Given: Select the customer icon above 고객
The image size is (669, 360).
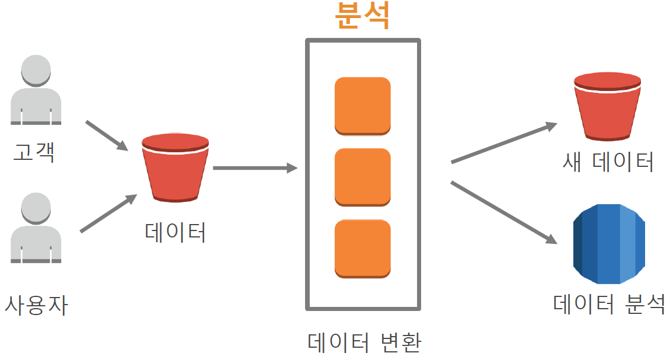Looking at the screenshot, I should (36, 90).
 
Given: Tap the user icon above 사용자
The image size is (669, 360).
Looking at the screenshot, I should (36, 229).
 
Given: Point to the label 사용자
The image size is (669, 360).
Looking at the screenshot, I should (36, 305).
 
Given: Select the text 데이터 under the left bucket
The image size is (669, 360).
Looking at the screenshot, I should (175, 232).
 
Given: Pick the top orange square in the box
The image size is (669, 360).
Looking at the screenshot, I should (362, 106).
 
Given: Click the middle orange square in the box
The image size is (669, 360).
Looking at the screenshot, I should (362, 177).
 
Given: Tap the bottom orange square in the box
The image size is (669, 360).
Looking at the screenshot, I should (362, 248).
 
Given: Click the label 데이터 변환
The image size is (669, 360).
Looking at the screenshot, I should (364, 342).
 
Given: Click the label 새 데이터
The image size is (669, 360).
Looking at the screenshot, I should (607, 161).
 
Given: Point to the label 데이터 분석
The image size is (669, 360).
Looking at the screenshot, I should (609, 304).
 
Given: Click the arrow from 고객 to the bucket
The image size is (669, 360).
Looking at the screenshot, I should (107, 135).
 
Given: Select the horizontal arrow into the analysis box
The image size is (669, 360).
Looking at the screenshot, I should (255, 169).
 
